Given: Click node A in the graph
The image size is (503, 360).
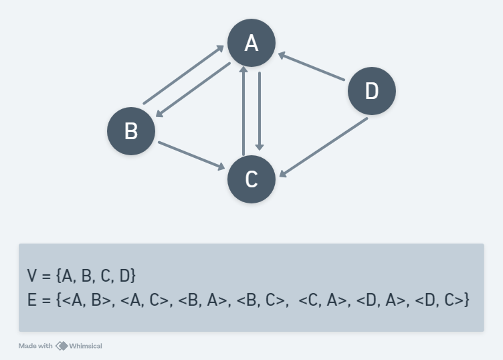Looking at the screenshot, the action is (x=252, y=43).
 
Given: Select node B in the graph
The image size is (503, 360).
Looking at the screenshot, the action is (x=131, y=130).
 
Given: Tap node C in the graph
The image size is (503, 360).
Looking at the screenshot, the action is (x=252, y=179).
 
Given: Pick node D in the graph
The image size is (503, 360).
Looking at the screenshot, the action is (x=372, y=90).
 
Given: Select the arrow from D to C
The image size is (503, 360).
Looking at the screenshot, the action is (x=323, y=148).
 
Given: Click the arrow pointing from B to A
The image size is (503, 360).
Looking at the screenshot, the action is (x=183, y=75).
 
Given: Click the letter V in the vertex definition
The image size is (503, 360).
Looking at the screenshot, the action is (x=31, y=275).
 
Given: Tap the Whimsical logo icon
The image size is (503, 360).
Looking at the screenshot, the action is (x=62, y=346).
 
